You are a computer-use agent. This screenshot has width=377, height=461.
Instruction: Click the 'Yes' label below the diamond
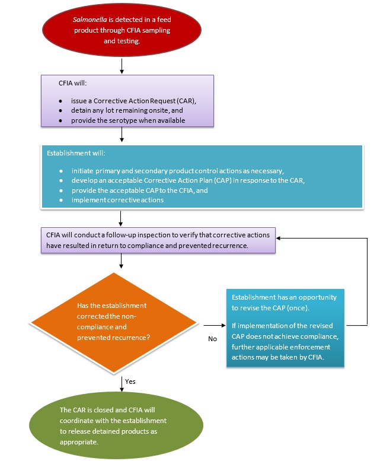click(x=130, y=381)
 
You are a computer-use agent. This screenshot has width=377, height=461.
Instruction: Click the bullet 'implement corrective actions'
click(x=119, y=200)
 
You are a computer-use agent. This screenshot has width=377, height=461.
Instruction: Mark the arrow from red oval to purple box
click(x=122, y=66)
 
